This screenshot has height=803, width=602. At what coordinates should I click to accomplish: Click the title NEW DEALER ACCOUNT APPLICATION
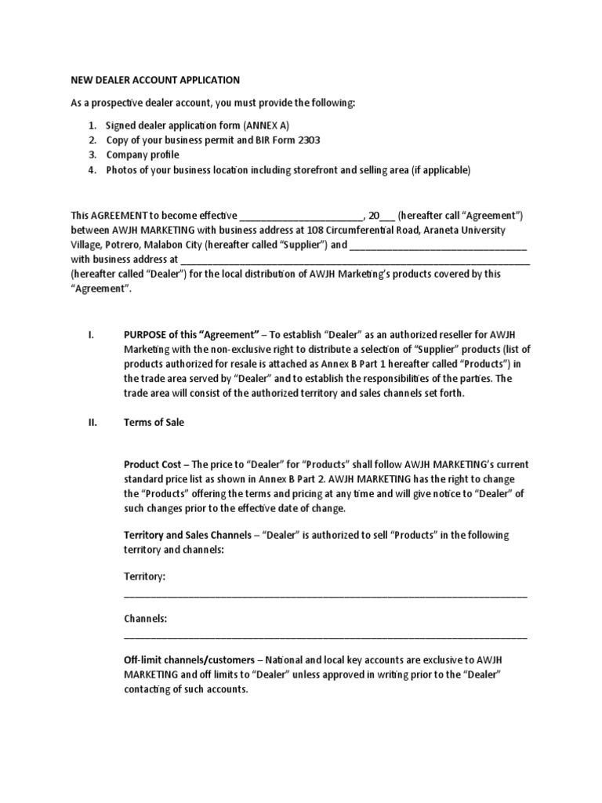(x=155, y=80)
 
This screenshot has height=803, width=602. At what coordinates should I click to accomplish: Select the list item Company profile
(x=143, y=155)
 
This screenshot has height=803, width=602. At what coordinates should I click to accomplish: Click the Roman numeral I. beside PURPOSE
(x=91, y=334)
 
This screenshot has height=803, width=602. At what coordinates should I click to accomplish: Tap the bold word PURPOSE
(x=147, y=334)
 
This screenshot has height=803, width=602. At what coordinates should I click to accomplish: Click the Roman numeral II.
(x=92, y=422)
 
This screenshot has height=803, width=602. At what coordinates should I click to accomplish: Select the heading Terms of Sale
(x=154, y=422)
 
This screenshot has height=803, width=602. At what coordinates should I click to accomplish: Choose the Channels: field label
(x=145, y=619)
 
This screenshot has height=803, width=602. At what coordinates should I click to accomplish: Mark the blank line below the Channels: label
(x=325, y=637)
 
